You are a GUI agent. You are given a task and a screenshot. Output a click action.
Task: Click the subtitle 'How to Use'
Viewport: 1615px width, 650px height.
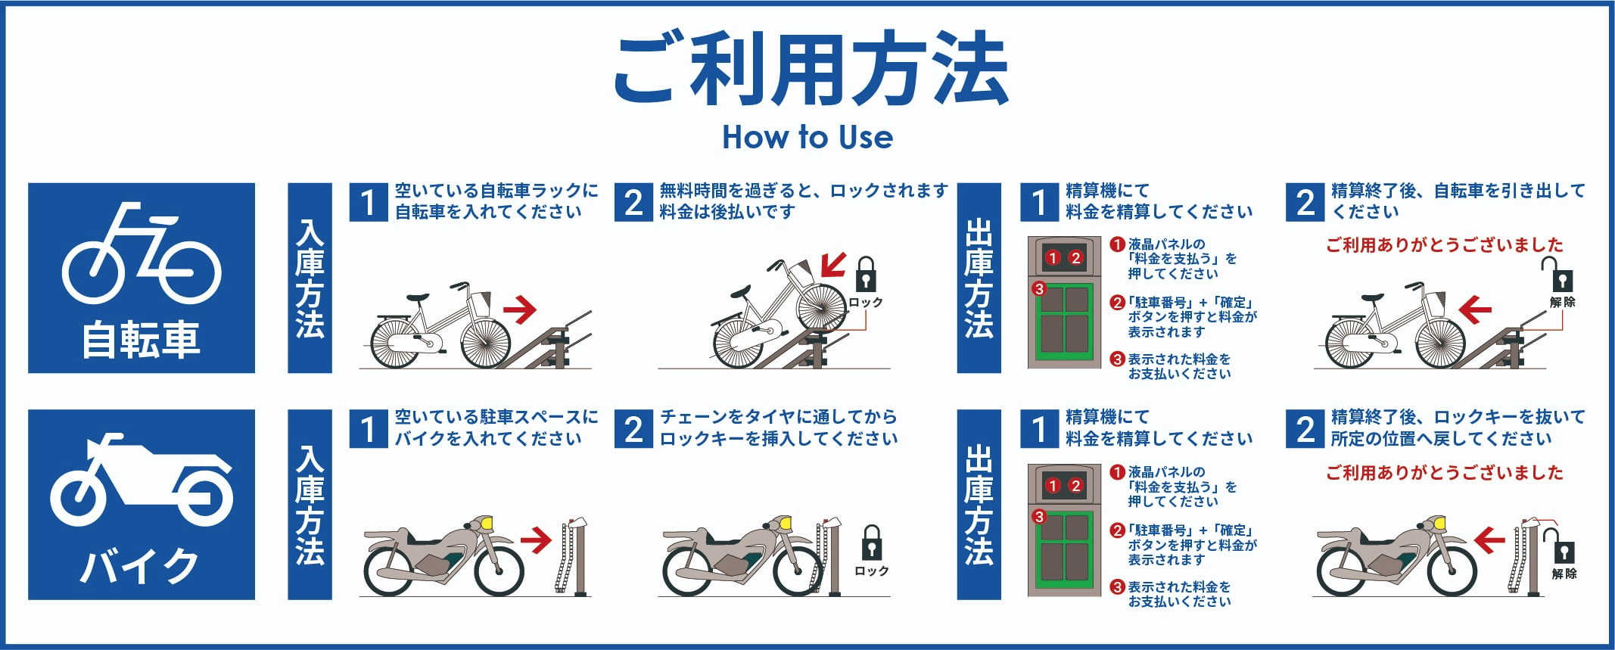click(x=807, y=137)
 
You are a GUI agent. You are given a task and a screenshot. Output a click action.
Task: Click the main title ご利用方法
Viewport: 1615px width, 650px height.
click(x=809, y=69)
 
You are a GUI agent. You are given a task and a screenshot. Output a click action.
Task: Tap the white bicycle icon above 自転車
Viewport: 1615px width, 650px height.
click(x=142, y=253)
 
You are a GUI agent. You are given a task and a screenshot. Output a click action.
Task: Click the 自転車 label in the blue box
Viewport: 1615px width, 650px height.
click(x=142, y=340)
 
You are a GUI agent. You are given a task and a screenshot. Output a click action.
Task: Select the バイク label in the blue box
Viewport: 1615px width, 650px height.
click(x=142, y=566)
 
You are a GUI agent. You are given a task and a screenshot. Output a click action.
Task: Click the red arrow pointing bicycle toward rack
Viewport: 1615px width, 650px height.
click(x=520, y=309)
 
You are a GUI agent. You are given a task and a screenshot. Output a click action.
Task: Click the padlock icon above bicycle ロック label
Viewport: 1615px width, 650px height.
click(x=866, y=274)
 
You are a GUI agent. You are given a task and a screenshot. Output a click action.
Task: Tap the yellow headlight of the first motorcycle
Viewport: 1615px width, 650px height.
click(x=486, y=522)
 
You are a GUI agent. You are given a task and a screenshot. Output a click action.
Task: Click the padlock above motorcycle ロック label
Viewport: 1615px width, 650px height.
click(x=872, y=543)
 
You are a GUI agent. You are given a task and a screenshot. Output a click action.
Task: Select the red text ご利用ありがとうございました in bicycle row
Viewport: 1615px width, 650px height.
click(x=1444, y=245)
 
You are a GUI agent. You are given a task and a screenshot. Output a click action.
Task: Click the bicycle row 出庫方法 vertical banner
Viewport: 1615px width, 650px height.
click(x=979, y=278)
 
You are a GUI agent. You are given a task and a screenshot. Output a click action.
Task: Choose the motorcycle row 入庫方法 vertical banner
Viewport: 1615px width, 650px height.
click(x=310, y=505)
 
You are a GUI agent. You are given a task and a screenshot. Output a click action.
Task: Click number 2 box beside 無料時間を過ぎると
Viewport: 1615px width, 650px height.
click(x=633, y=202)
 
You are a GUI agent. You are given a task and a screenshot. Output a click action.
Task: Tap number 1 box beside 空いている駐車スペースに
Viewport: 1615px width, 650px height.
click(x=368, y=429)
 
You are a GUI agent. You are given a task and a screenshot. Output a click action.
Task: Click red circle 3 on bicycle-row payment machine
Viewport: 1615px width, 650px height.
click(x=1039, y=288)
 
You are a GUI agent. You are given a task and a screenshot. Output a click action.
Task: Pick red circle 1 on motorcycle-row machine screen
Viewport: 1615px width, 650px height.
click(x=1053, y=486)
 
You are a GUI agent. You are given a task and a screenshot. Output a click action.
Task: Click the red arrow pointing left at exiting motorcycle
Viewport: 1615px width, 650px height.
click(x=1488, y=540)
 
